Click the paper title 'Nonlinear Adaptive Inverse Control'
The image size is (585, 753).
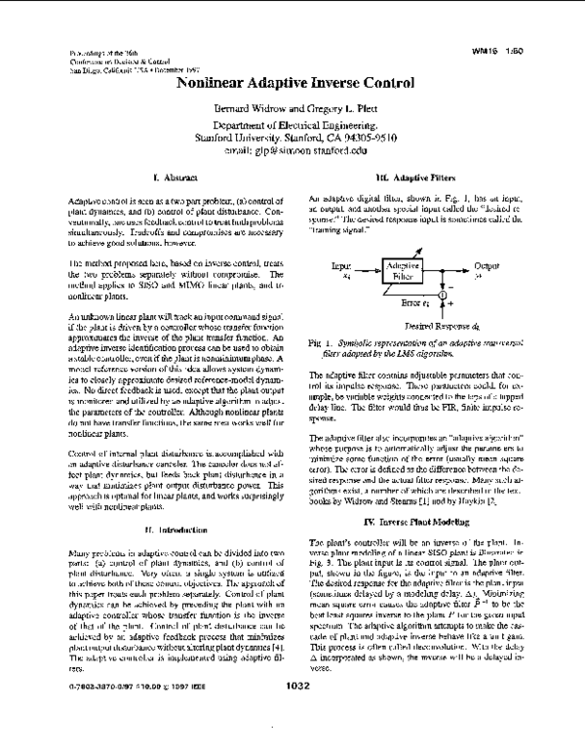point(293,84)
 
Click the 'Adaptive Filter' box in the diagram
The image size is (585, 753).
point(402,271)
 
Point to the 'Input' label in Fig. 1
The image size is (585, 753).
point(341,264)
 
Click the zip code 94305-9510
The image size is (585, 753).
point(368,139)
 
